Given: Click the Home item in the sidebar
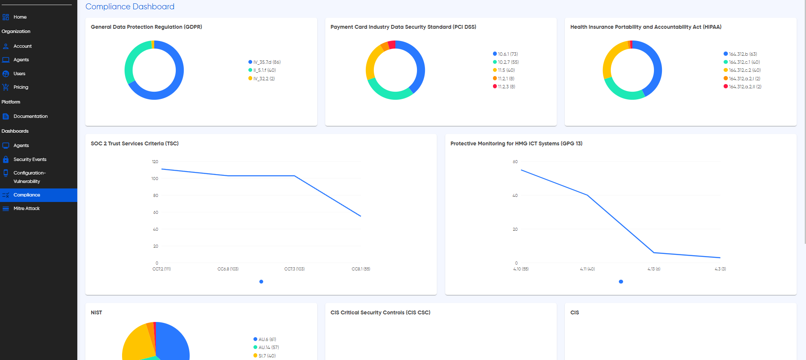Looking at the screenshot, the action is click(x=20, y=17).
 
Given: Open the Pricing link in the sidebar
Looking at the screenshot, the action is click(x=21, y=87).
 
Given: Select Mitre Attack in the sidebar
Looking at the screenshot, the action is click(x=26, y=208).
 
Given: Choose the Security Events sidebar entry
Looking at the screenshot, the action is click(x=30, y=159).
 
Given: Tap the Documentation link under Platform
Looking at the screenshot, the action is click(x=30, y=116).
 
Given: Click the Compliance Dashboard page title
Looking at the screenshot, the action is click(x=130, y=6).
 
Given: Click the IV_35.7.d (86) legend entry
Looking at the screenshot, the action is click(x=264, y=62).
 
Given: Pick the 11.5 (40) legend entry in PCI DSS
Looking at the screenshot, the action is click(x=504, y=70).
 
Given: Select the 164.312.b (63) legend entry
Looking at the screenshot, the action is click(x=740, y=54).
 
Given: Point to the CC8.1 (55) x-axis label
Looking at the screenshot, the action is click(x=361, y=269).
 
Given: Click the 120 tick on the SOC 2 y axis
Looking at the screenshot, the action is click(x=155, y=161).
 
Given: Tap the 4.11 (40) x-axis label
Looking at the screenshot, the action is click(x=587, y=269).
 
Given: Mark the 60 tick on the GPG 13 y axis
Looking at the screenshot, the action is click(x=515, y=161).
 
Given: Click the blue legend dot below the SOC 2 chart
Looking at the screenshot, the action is click(x=261, y=281).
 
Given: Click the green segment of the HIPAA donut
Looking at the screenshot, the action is click(x=623, y=93).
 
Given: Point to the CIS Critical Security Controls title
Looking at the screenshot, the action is click(x=380, y=312).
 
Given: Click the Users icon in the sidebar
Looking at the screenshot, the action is click(x=5, y=74).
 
